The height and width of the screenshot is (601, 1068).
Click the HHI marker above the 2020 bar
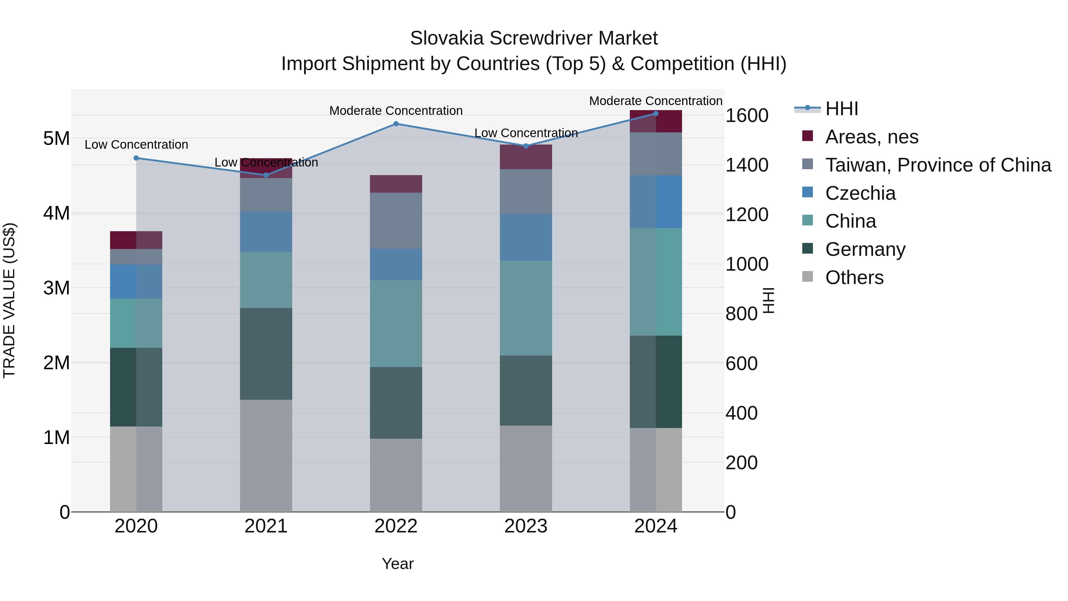point(136,158)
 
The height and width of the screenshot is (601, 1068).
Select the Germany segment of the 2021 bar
point(266,353)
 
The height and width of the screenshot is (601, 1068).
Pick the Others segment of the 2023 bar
point(525,468)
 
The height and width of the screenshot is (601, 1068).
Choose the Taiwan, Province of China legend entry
point(938,165)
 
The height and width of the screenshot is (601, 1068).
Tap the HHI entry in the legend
point(841,109)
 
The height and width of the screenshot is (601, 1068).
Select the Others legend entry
point(854,277)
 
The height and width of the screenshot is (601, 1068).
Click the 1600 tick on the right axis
point(746,115)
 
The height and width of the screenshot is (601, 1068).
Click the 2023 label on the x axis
point(525,526)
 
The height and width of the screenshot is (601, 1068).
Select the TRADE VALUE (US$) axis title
point(9,300)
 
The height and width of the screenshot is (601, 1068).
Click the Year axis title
point(397,564)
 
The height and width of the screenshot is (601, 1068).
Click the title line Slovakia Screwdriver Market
point(534,38)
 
